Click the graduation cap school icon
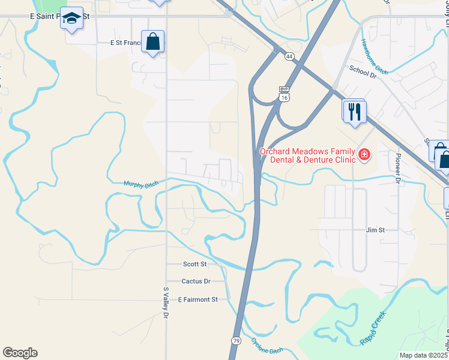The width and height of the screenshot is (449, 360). tap(71, 19)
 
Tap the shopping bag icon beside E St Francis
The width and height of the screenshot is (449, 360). tap(153, 42)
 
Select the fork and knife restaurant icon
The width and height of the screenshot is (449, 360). tap(355, 111)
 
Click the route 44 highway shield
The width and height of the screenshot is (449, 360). tap(289, 56)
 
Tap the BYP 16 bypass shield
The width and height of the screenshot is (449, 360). tap(285, 94)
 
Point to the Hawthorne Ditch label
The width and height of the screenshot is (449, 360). tap(375, 57)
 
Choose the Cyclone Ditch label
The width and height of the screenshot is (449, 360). tap(266, 346)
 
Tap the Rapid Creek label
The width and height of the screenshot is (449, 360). tap(372, 329)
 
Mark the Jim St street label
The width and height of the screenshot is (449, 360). tap(375, 230)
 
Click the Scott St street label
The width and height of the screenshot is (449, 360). tap(194, 264)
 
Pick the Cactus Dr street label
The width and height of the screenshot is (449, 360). tap(196, 281)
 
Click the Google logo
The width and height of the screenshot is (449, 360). tap(20, 353)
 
